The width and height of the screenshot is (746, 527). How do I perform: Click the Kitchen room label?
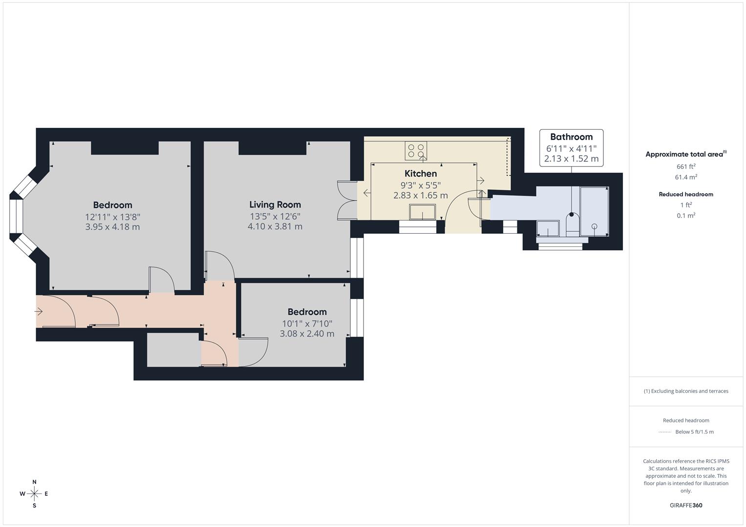point(420,173)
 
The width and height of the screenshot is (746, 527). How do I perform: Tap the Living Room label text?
point(275,204)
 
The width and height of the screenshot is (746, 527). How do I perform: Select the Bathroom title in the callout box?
point(571,137)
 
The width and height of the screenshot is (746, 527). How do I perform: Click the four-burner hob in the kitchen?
point(416,150)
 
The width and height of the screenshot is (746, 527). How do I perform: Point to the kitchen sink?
point(423,212)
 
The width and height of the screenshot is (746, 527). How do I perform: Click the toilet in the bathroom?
point(572,223)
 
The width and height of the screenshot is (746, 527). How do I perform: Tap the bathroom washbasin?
point(548,228)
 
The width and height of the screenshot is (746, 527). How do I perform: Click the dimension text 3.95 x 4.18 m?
point(112,227)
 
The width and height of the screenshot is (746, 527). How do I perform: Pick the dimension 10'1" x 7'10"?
point(307,324)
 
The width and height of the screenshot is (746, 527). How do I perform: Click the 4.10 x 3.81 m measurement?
point(275,226)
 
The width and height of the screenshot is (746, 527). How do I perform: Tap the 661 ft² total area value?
point(685,166)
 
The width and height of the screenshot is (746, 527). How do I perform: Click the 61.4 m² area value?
point(685,177)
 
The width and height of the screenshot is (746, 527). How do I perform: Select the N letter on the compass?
point(34,482)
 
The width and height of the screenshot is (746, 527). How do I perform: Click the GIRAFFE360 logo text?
point(685,505)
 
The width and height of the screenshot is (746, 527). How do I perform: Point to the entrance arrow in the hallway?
point(39,311)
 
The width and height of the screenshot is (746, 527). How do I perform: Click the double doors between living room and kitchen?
point(345,201)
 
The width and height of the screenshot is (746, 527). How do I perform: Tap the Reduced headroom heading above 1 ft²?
point(685,194)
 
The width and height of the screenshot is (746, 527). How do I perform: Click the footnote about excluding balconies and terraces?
point(685,391)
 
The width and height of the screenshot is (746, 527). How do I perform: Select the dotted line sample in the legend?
point(665,432)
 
